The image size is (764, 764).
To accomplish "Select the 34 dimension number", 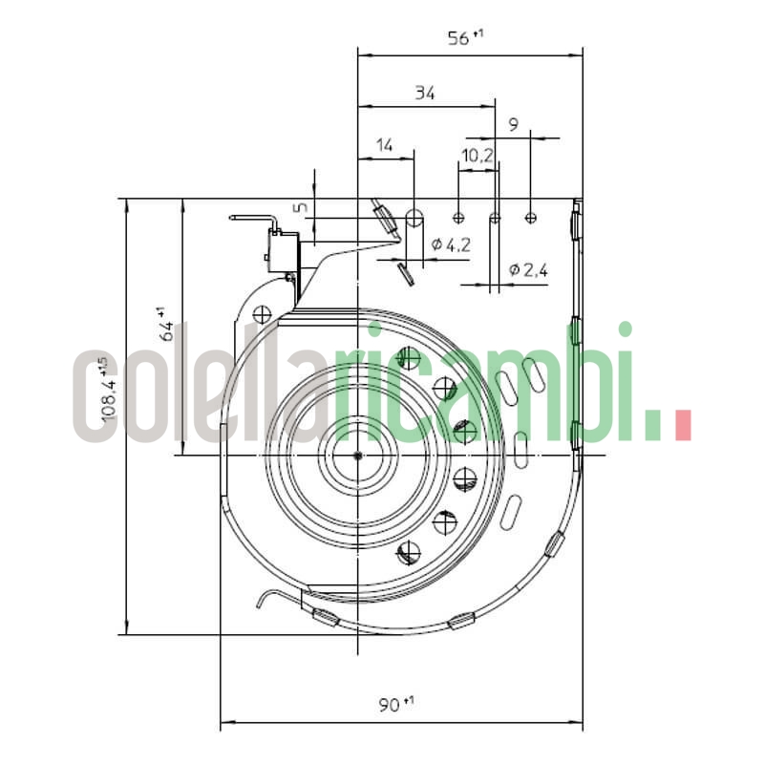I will pos(425,93).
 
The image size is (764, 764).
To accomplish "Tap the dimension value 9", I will pos(514,123).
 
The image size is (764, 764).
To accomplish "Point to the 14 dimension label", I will pos(385,145).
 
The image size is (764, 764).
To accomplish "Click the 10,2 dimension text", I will pos(477,154).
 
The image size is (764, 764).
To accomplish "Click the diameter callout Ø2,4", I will pos(528,269).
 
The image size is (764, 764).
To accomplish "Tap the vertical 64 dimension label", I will pos(164,325).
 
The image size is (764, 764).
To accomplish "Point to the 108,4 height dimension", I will pos(108,392).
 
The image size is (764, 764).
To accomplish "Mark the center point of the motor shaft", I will pos(357,456).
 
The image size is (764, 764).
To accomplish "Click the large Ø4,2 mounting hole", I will pos(414,218).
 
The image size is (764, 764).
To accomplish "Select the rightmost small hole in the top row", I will pos(531,218).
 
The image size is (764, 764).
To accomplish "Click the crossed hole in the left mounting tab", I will pos(260,312).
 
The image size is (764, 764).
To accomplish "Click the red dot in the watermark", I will pos(683,426).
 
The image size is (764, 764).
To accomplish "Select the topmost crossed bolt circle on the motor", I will pos(409,358).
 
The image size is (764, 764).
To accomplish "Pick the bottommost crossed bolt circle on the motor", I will pos(409,551).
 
